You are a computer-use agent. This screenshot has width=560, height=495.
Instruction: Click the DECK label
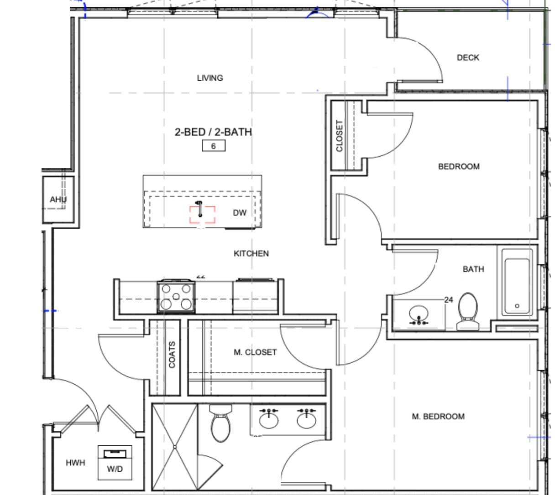(x=468, y=58)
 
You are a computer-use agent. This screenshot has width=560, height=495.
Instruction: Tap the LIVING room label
(x=210, y=78)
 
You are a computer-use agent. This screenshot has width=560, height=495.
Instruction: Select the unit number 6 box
(x=214, y=146)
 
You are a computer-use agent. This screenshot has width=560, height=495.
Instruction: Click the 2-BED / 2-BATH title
(x=213, y=132)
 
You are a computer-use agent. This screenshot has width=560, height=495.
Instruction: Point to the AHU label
(x=58, y=199)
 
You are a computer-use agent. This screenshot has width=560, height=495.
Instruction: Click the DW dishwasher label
(x=240, y=212)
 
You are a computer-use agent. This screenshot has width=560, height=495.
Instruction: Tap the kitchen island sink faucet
(x=199, y=209)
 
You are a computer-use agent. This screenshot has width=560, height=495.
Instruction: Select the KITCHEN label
(x=251, y=253)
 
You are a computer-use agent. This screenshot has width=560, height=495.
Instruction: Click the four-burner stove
(x=176, y=297)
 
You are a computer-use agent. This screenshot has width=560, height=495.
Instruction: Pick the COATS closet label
(x=172, y=355)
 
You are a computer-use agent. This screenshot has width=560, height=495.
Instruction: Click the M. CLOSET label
(x=255, y=352)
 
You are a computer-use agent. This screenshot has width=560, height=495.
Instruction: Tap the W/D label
(x=115, y=469)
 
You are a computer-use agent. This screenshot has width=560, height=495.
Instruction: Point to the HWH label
(x=75, y=463)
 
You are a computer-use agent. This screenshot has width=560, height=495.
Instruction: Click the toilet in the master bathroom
(x=220, y=423)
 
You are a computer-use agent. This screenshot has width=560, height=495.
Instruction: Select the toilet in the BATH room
(x=468, y=311)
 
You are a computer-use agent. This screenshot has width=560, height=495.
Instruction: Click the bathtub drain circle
(x=517, y=306)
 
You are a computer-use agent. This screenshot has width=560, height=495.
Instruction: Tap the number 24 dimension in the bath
(x=449, y=299)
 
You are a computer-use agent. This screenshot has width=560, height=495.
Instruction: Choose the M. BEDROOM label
(x=438, y=416)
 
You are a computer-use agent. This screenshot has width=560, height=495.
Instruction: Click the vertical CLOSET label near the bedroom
(x=340, y=136)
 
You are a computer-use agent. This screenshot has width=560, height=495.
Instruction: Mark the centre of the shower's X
(x=175, y=447)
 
